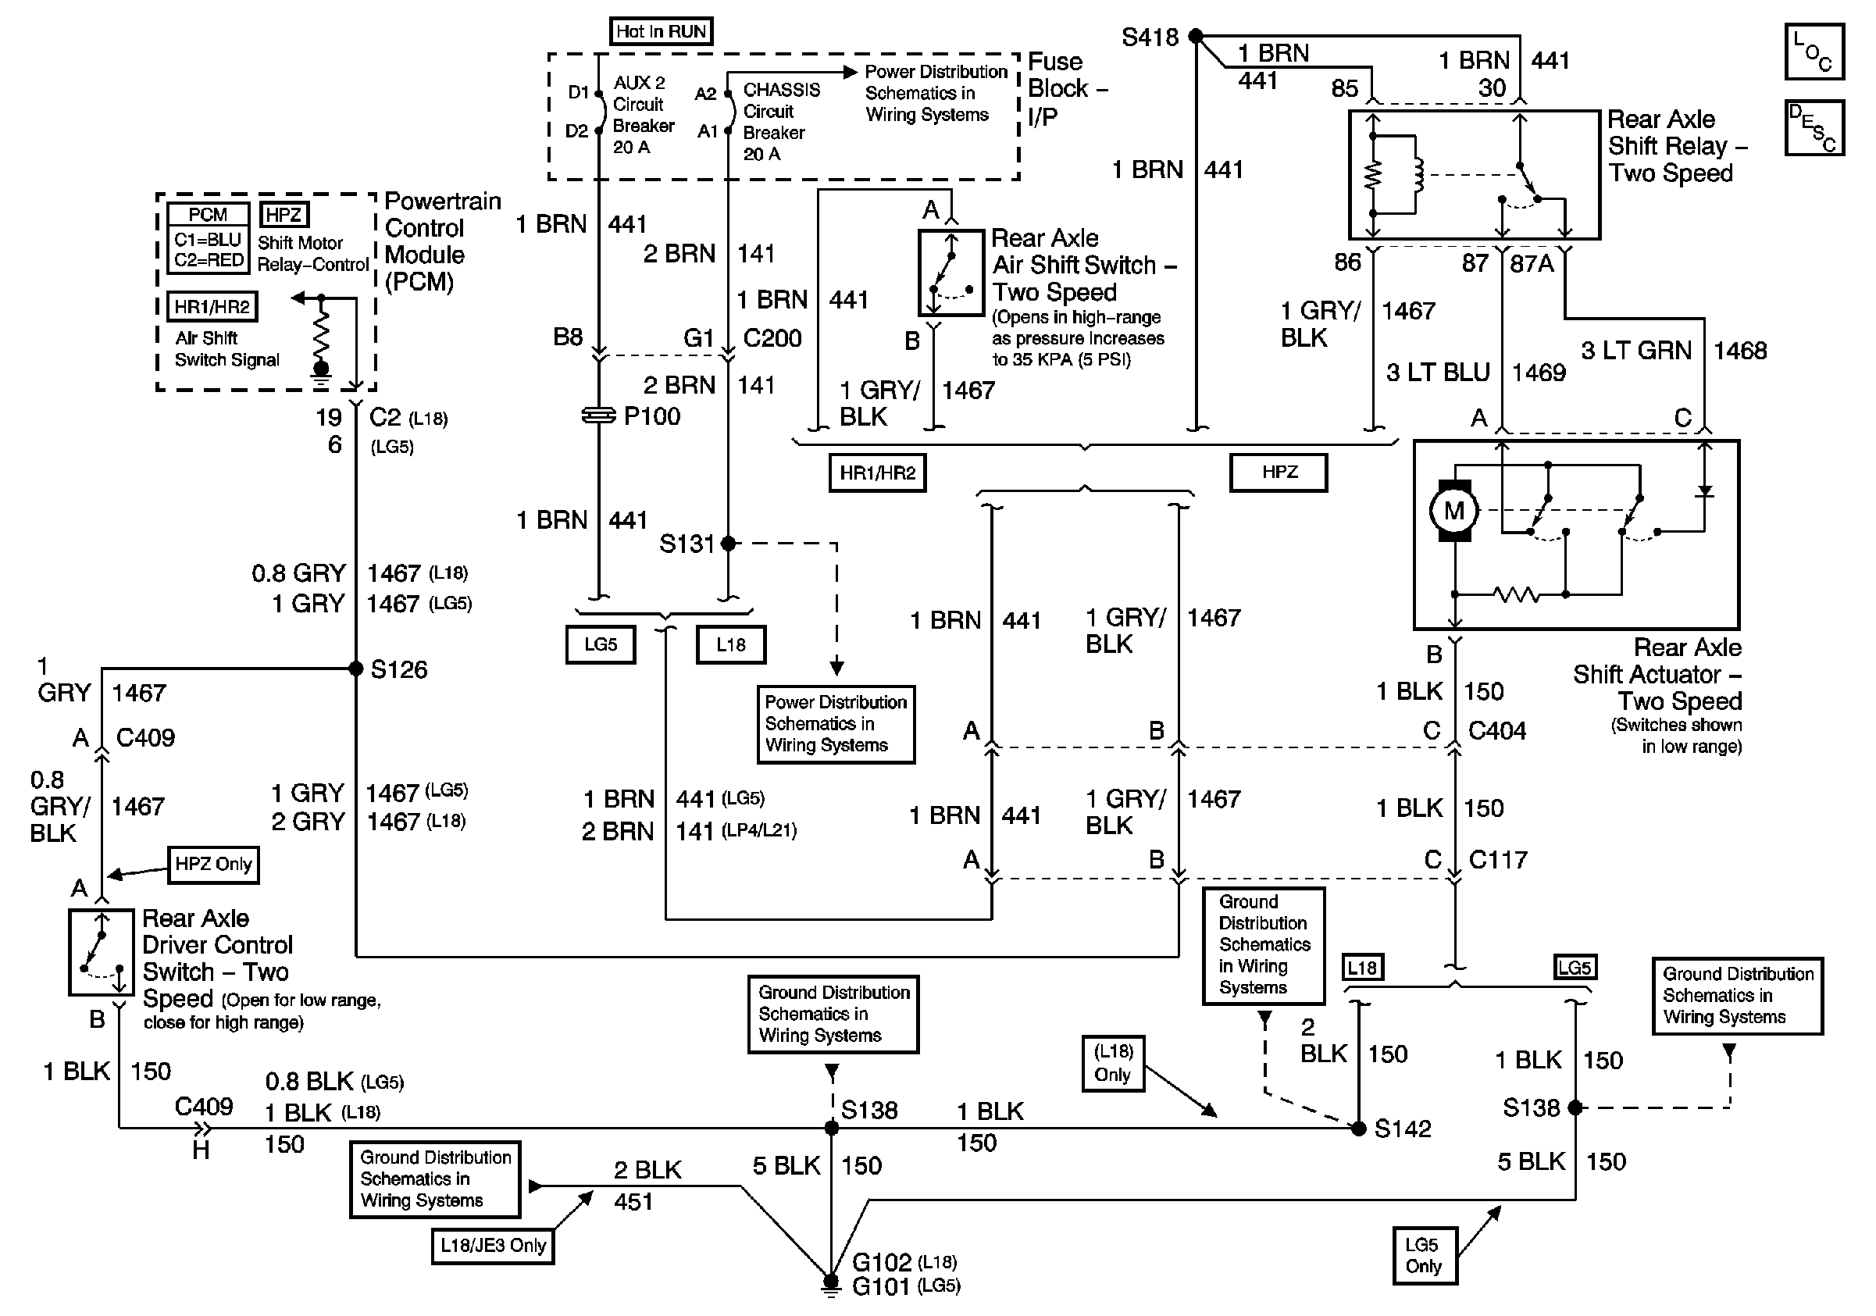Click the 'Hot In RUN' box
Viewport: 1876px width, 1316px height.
(x=661, y=32)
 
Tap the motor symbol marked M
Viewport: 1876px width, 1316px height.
(x=1453, y=511)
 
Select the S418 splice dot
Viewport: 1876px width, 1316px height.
(x=1196, y=36)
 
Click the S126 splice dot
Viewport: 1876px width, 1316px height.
(x=356, y=669)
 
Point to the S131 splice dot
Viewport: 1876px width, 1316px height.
(x=728, y=544)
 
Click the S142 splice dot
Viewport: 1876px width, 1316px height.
(x=1359, y=1129)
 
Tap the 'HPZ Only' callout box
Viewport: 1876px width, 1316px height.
(x=213, y=865)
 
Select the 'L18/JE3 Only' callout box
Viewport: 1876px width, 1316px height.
(x=493, y=1246)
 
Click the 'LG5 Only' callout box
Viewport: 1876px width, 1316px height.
(x=1424, y=1256)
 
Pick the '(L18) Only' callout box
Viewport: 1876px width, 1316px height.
(x=1113, y=1063)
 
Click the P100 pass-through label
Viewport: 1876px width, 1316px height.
(x=651, y=416)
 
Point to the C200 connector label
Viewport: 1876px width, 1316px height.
(x=772, y=338)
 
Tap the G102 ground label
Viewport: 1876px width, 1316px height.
(x=881, y=1262)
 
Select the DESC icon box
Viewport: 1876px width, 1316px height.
(x=1814, y=127)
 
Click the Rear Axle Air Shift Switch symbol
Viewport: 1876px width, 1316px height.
(x=951, y=273)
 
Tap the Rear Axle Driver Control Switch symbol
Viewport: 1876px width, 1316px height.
(x=102, y=953)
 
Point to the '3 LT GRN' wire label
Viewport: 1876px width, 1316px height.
(x=1635, y=351)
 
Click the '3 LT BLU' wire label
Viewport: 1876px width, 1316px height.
(x=1438, y=373)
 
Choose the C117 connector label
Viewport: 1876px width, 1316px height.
(x=1498, y=859)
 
